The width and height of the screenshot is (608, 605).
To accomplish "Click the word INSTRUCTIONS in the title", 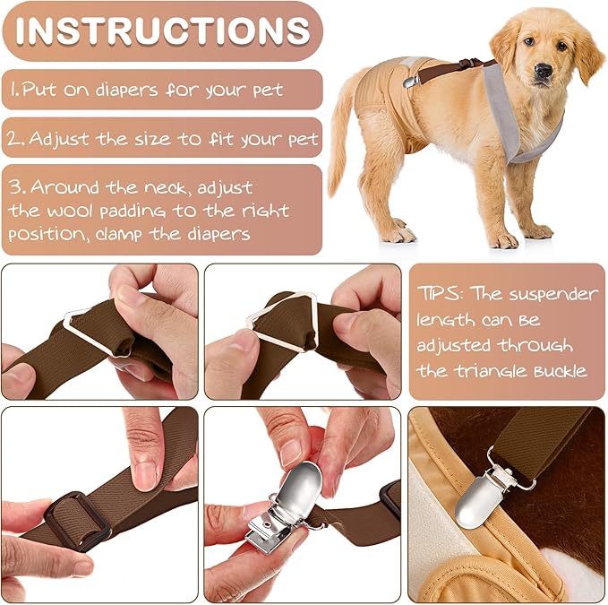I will tap(162, 30).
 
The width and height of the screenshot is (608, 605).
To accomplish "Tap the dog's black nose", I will tap(544, 69).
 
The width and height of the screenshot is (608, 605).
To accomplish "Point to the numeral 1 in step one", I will tap(14, 90).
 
